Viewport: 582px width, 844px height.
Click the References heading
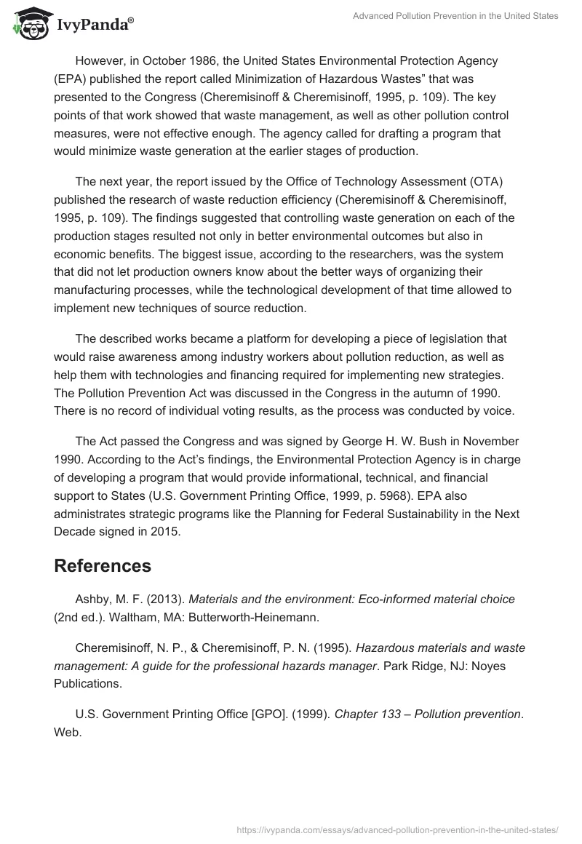[103, 566]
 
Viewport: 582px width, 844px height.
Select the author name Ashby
[93, 600]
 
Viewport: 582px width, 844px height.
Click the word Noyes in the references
[507, 666]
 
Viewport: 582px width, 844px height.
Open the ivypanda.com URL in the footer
[398, 829]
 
